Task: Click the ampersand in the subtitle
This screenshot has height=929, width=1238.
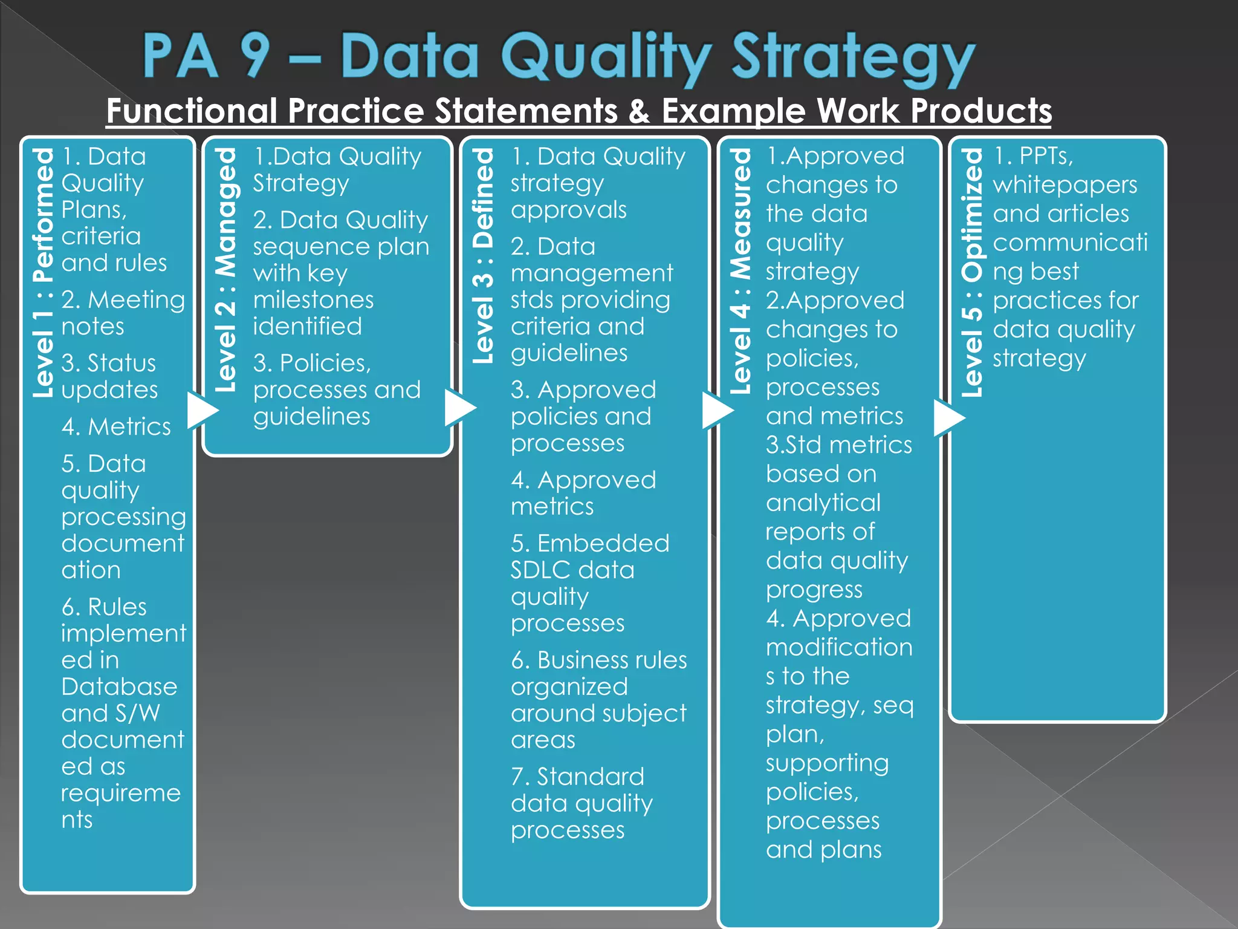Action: [638, 111]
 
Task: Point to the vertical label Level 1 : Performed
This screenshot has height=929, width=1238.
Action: [44, 273]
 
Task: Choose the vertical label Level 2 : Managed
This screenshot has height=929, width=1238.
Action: [226, 270]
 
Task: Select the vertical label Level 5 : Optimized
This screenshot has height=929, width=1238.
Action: [972, 273]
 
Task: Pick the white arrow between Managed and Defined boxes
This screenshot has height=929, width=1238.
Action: [460, 408]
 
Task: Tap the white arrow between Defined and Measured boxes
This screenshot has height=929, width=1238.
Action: [718, 411]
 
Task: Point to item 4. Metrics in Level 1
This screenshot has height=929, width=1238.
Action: [116, 427]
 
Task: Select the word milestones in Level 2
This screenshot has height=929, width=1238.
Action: [313, 300]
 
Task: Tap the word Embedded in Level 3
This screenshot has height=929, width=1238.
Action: [603, 543]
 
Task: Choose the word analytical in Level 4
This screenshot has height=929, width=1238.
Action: [823, 503]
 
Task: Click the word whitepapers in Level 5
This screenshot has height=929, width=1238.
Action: [1065, 185]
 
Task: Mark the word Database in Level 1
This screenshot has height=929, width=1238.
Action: [119, 686]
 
